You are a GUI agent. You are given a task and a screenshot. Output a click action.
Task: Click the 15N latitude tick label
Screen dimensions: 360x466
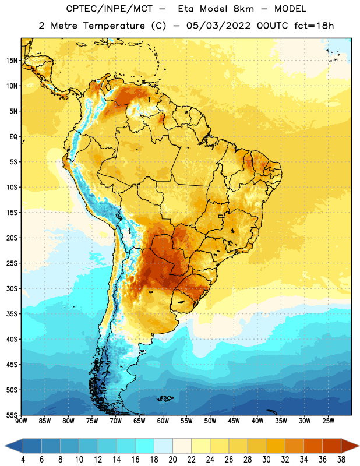[12, 61]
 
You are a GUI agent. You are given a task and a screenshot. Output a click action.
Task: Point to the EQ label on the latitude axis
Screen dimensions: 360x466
[13, 137]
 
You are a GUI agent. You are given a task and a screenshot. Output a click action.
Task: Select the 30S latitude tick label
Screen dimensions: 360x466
[12, 288]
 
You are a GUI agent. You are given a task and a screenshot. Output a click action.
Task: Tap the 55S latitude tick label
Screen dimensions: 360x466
[12, 415]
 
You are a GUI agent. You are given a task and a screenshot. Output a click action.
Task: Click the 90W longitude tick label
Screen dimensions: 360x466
[21, 421]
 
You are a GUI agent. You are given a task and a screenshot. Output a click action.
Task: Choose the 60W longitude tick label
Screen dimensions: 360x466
[163, 421]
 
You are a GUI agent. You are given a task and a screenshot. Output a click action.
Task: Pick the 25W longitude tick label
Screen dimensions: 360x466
[328, 421]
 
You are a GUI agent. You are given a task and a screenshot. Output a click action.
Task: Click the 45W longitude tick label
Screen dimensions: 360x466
[234, 421]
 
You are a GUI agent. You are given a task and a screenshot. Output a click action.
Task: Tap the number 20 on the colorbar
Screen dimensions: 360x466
[172, 460]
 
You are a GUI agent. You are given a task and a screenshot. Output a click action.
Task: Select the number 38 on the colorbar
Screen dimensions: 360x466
[341, 460]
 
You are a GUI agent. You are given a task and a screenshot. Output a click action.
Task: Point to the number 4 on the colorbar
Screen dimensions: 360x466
[23, 460]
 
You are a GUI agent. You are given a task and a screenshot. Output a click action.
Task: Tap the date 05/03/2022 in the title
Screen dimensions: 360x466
[218, 26]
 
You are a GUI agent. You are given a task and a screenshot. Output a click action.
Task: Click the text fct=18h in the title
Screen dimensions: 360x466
[314, 26]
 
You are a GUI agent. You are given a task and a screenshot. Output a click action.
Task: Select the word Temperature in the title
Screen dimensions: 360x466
[114, 26]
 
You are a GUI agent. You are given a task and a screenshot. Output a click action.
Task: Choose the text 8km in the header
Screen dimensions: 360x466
[243, 9]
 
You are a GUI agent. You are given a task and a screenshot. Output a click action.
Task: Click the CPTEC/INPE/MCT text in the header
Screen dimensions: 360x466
[110, 9]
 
